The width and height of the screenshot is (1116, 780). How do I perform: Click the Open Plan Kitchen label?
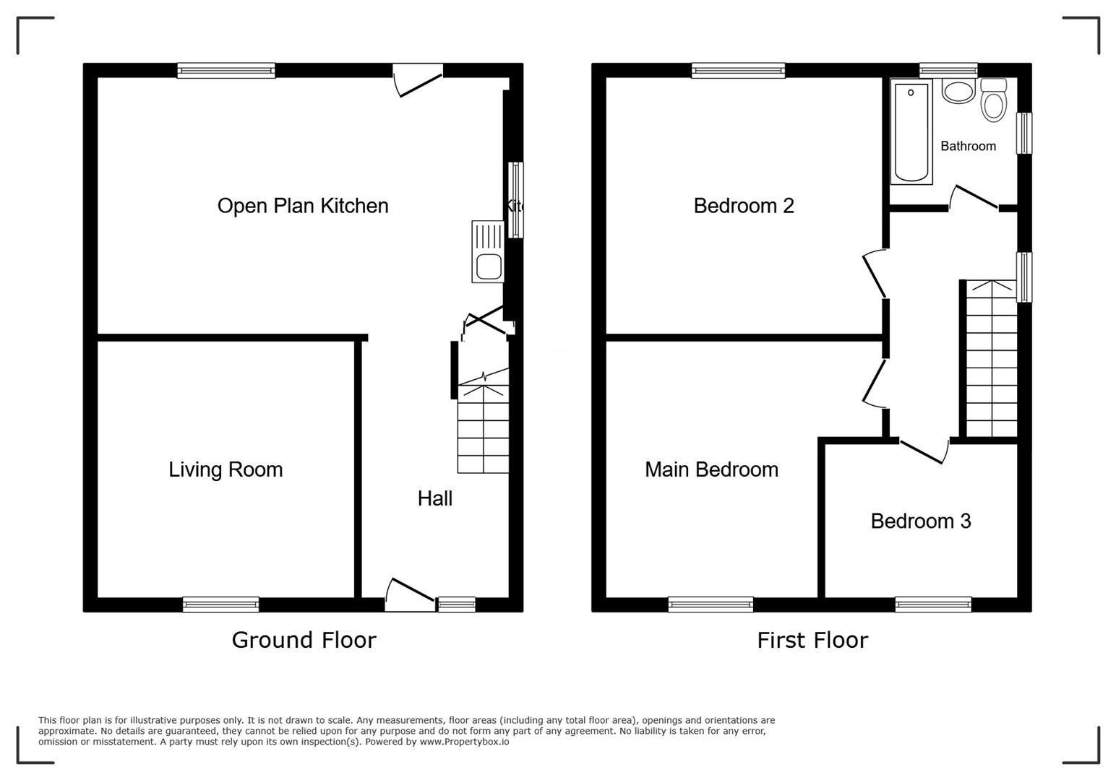(303, 206)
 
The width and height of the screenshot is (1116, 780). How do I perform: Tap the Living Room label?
(226, 469)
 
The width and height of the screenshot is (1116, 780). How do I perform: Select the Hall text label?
(435, 498)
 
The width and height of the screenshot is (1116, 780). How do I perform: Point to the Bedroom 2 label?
(744, 206)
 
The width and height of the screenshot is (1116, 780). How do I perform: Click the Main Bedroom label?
(711, 469)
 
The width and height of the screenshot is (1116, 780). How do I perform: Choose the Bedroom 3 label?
(920, 521)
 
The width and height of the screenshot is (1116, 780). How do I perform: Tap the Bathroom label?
(968, 146)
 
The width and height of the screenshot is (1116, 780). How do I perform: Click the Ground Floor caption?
(304, 640)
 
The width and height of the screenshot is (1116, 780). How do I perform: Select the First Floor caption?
(812, 640)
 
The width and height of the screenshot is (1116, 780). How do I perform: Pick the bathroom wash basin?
(958, 92)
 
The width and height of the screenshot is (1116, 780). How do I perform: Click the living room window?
(220, 604)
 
